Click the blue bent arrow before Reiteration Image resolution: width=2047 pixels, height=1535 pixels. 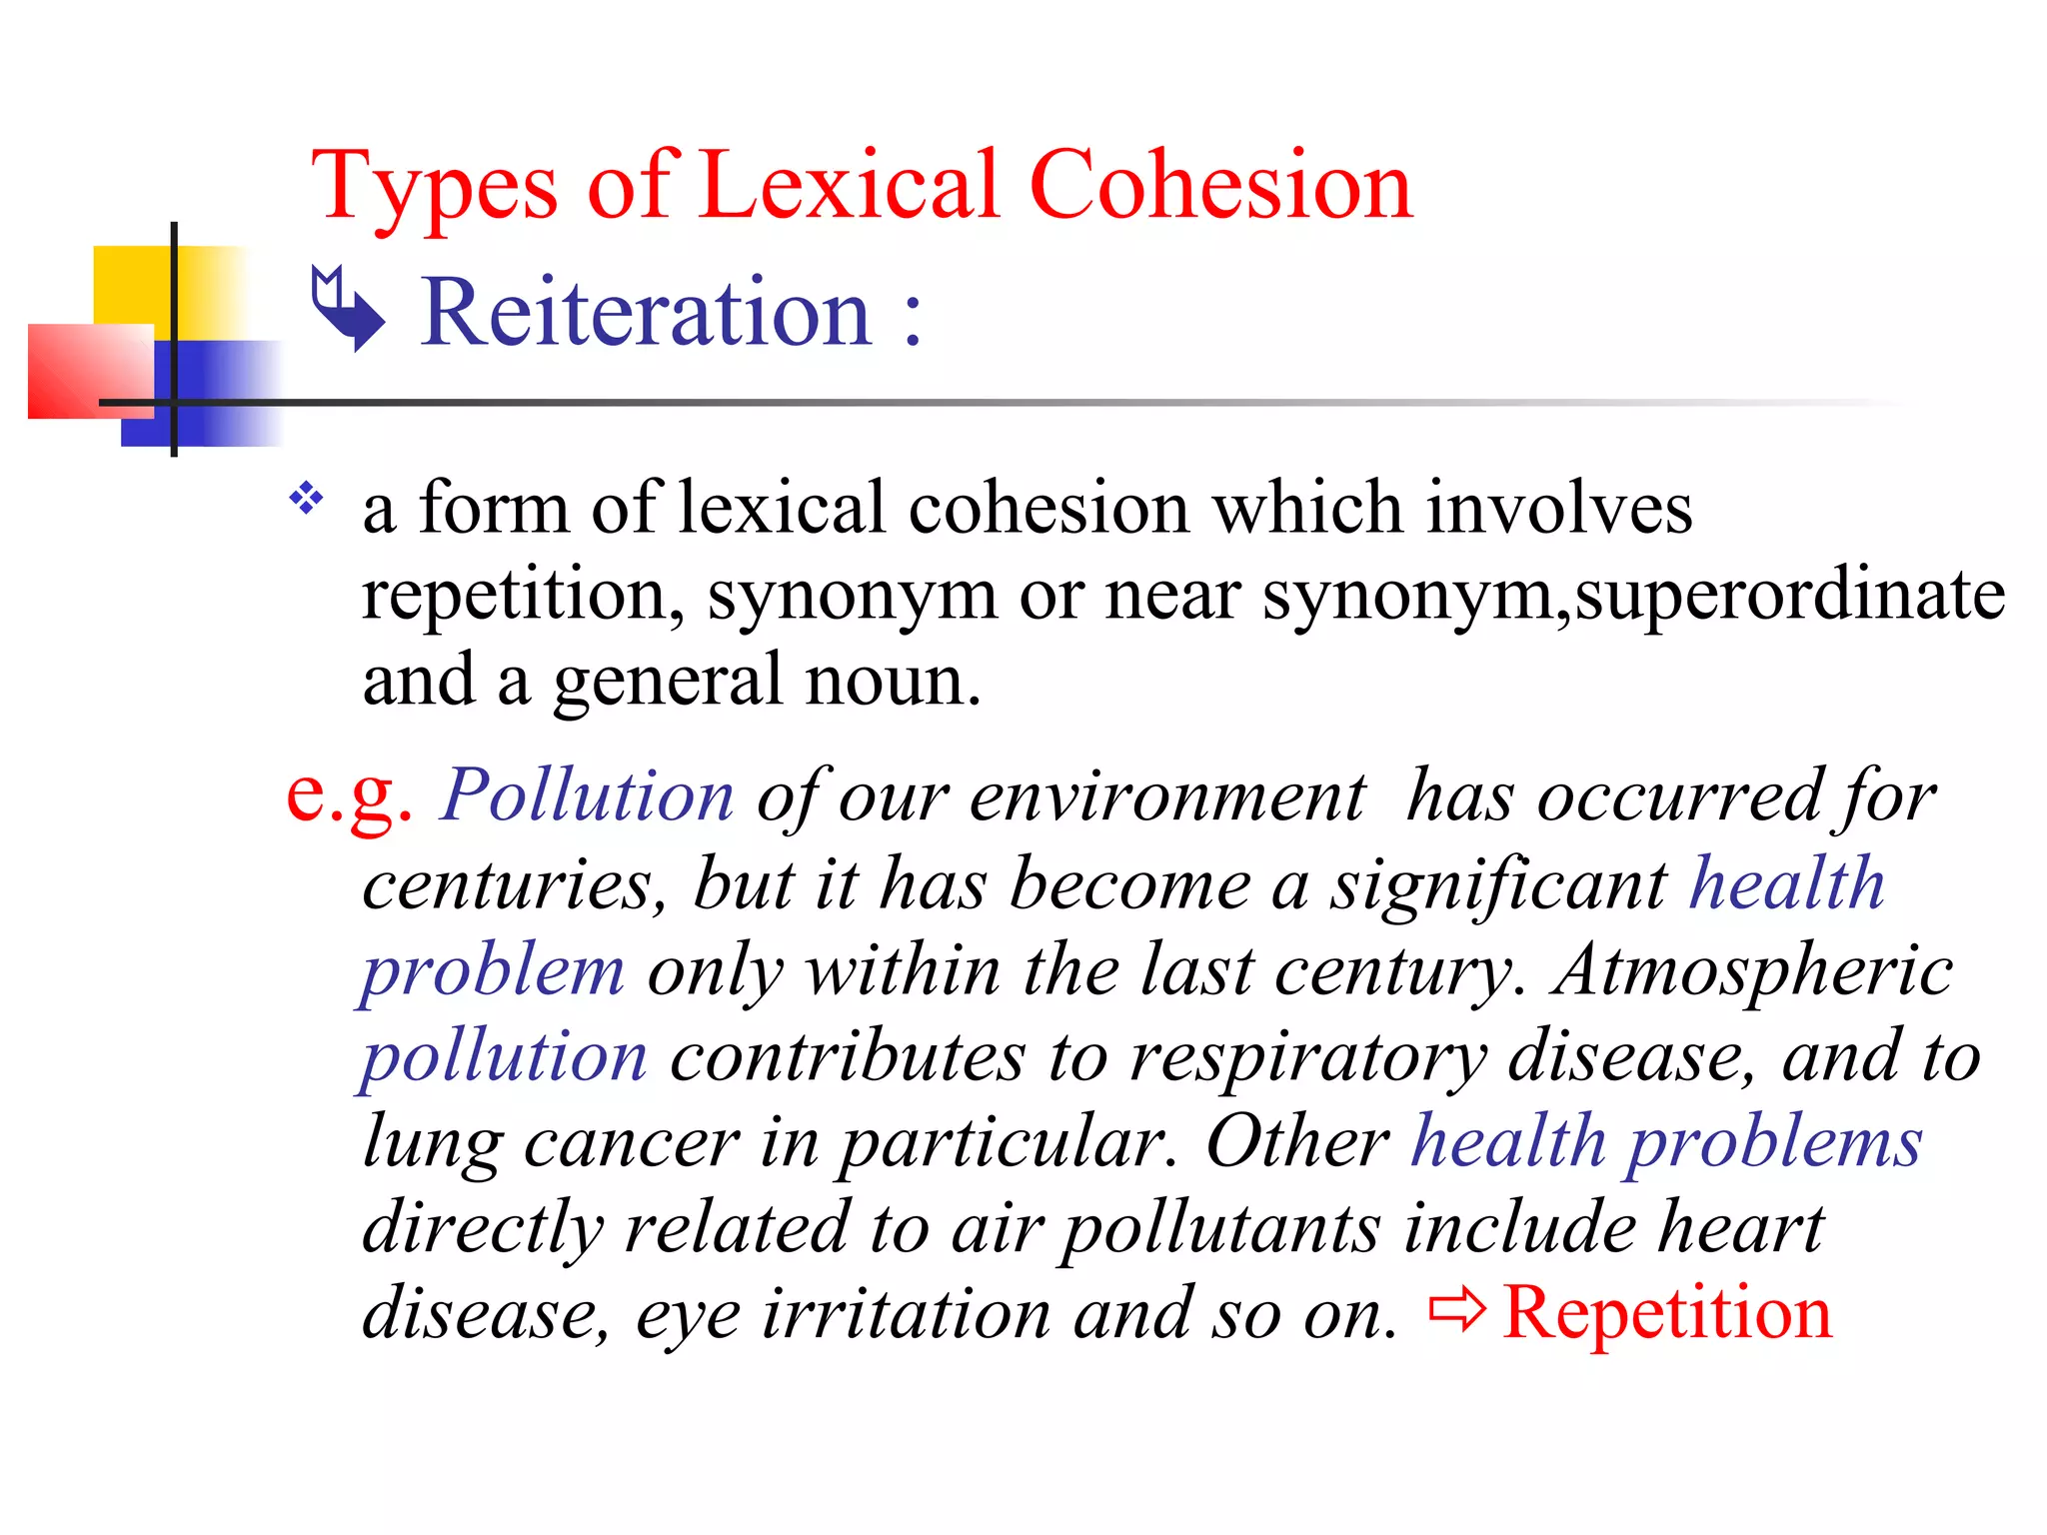[347, 308]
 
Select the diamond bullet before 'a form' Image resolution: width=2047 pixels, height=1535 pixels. [307, 497]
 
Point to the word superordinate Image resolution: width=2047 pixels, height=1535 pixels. [1789, 596]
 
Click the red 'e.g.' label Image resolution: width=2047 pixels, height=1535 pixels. [349, 795]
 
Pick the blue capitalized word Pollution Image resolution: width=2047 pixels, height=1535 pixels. [588, 796]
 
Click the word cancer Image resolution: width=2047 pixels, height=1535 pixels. [631, 1143]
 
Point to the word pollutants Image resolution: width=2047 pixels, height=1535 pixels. [1220, 1230]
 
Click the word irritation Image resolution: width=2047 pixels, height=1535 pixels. [906, 1314]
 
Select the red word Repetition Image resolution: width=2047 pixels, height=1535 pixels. [1667, 1312]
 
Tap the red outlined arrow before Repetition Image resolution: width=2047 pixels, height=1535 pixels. [1456, 1309]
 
